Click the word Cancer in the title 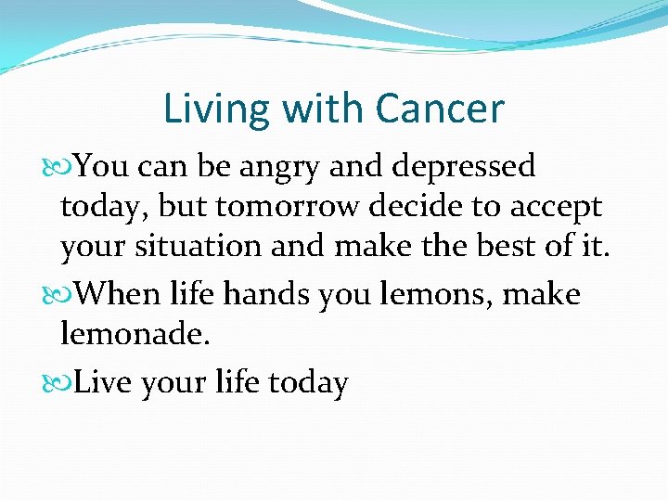(x=439, y=109)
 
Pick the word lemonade (x=135, y=334)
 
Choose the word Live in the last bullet (x=103, y=382)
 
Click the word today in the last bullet (x=306, y=383)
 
